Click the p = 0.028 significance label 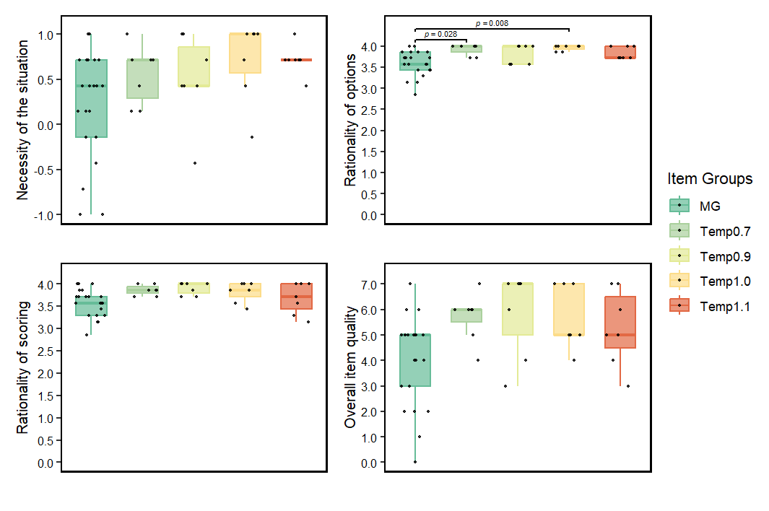pos(440,34)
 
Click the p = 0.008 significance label pos(492,23)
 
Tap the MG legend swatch pos(680,206)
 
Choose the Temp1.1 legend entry pos(724,306)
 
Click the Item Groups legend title pos(710,179)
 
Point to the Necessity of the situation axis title pos(23,119)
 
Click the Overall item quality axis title pos(352,367)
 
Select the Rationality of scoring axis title pos(23,367)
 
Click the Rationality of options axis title pos(352,120)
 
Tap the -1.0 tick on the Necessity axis pos(45,215)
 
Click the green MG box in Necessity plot pos(91,98)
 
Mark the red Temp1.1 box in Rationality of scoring pos(297,296)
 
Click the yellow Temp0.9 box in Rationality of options pos(518,55)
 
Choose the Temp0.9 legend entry pos(724,256)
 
